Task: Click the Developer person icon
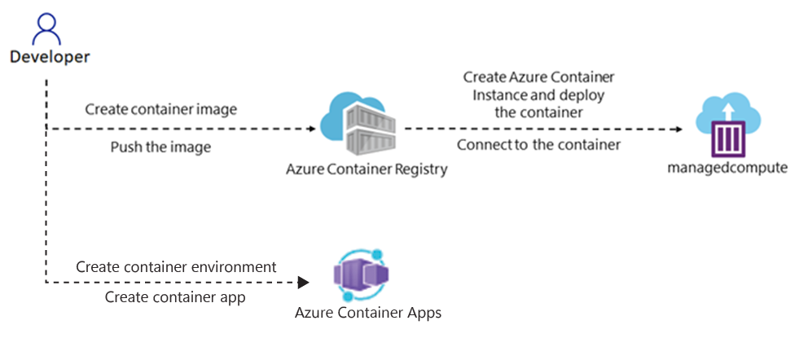(47, 29)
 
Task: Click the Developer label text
(50, 57)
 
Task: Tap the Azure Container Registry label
(367, 169)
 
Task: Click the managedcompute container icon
(730, 126)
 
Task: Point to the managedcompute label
(728, 168)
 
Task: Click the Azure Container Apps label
(368, 313)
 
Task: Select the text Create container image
(160, 109)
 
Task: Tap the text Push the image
(160, 147)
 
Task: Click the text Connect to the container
(538, 145)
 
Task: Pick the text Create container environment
(176, 267)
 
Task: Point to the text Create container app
(175, 297)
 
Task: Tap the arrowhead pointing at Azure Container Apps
(304, 283)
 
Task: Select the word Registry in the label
(420, 169)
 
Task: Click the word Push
(125, 147)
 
